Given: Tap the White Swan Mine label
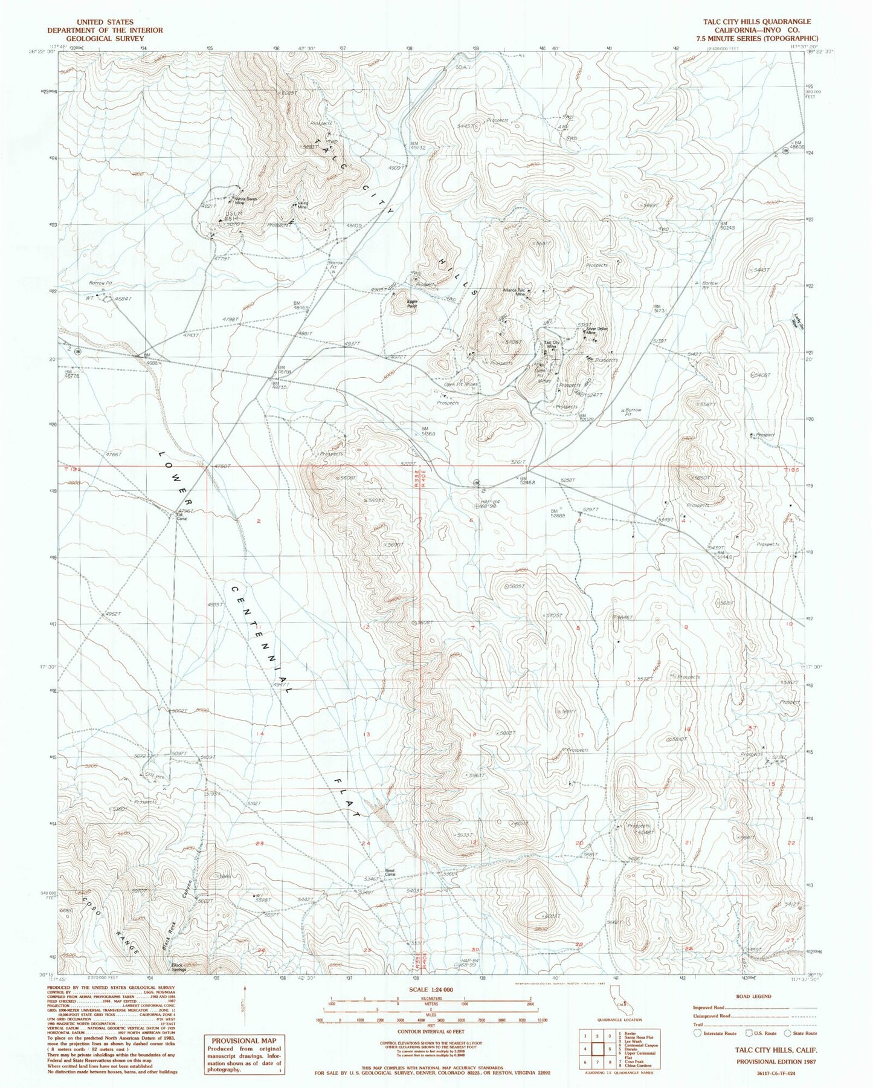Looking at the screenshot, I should [x=245, y=201].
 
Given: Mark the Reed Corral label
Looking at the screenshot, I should [x=390, y=872].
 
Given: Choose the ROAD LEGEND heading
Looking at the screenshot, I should [x=755, y=996].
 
